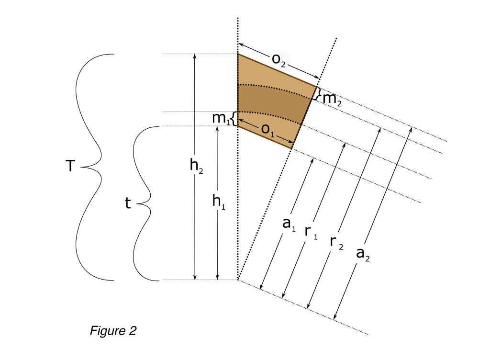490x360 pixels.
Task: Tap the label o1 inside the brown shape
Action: click(267, 129)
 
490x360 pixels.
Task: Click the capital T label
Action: click(70, 166)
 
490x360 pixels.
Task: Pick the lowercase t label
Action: click(127, 203)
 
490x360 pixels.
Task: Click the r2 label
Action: click(336, 243)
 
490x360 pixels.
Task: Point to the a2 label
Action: click(363, 254)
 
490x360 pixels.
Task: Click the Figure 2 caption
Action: click(113, 331)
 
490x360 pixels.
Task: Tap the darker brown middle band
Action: click(272, 103)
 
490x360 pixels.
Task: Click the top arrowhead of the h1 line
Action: click(218, 128)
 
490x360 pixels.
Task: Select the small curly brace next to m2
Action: click(318, 93)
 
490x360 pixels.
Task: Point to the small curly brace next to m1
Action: click(234, 119)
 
